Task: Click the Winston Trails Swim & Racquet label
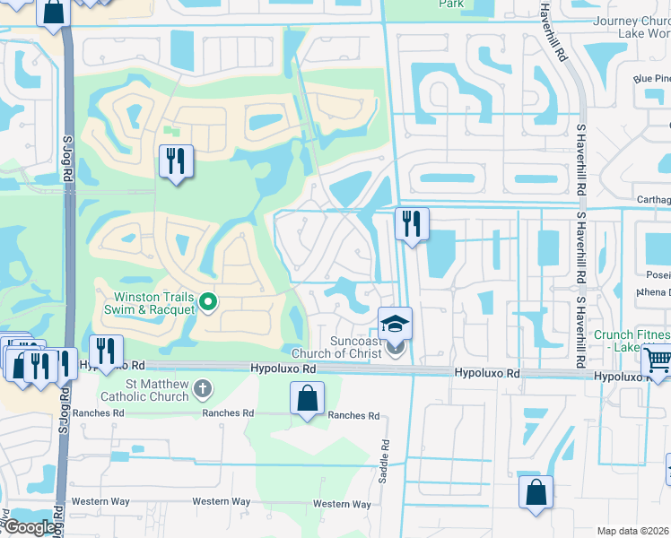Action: click(154, 303)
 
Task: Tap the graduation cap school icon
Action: click(395, 324)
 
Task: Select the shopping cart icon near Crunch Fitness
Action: click(658, 361)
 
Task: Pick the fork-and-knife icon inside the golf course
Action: click(175, 161)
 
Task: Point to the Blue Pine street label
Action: click(651, 79)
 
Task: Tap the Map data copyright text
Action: click(633, 531)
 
